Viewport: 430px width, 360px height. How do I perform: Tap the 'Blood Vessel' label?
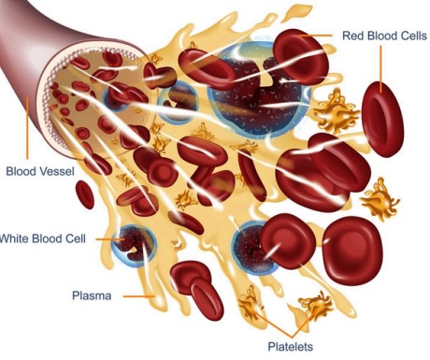[x=40, y=171]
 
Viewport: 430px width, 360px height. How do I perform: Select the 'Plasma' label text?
[x=93, y=296]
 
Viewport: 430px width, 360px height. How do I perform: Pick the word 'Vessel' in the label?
[x=57, y=171]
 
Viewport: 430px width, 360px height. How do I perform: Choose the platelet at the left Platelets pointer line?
[x=251, y=304]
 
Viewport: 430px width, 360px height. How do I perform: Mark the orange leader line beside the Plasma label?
[x=139, y=296]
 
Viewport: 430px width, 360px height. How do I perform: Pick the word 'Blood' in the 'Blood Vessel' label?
[x=21, y=171]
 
